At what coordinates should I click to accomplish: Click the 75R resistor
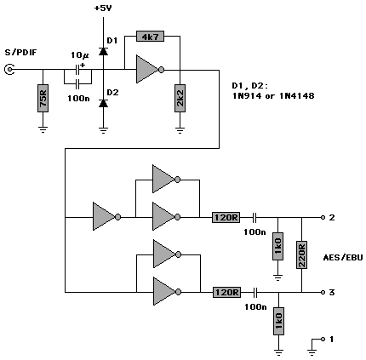pyautogui.click(x=43, y=98)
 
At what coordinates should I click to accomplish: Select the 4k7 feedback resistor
pyautogui.click(x=150, y=36)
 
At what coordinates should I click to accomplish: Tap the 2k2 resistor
pyautogui.click(x=180, y=98)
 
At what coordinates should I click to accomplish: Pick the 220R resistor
pyautogui.click(x=301, y=254)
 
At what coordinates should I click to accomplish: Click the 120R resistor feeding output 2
pyautogui.click(x=226, y=218)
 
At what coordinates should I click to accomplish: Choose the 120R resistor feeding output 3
pyautogui.click(x=226, y=292)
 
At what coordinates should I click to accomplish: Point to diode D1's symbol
pyautogui.click(x=103, y=51)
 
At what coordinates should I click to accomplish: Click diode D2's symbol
pyautogui.click(x=103, y=103)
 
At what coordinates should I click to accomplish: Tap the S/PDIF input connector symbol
pyautogui.click(x=9, y=69)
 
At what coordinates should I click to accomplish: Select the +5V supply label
pyautogui.click(x=103, y=9)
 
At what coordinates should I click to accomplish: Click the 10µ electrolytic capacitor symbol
pyautogui.click(x=77, y=69)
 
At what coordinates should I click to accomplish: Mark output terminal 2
pyautogui.click(x=323, y=218)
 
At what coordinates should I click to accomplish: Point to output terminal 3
pyautogui.click(x=323, y=292)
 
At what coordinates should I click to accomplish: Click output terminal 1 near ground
pyautogui.click(x=323, y=339)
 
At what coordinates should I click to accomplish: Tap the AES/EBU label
pyautogui.click(x=343, y=258)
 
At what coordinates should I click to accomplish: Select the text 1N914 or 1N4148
pyautogui.click(x=273, y=96)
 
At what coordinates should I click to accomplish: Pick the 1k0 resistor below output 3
pyautogui.click(x=278, y=321)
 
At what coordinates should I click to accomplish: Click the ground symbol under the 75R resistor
pyautogui.click(x=43, y=129)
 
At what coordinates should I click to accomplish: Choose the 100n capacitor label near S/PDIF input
pyautogui.click(x=78, y=99)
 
